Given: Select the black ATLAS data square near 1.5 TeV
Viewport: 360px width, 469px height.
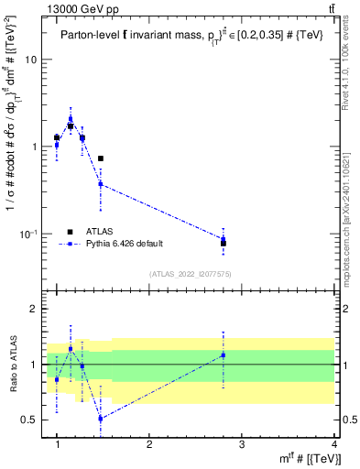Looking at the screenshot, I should coord(101,158).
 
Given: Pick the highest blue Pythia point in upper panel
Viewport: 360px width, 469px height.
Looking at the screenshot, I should coord(71,118).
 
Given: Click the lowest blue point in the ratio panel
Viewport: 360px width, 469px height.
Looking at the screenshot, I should coord(101,419).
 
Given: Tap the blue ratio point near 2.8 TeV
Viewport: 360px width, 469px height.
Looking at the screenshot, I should coord(223,354).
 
